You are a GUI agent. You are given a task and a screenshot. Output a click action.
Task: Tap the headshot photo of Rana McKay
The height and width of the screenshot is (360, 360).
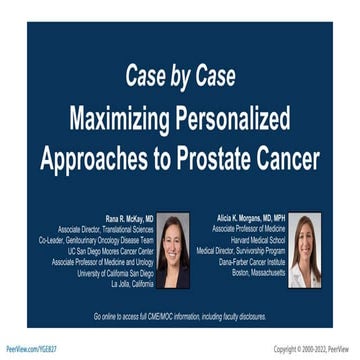[172, 251]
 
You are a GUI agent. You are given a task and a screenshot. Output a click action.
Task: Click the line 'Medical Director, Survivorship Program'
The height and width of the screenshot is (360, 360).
[248, 250]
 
